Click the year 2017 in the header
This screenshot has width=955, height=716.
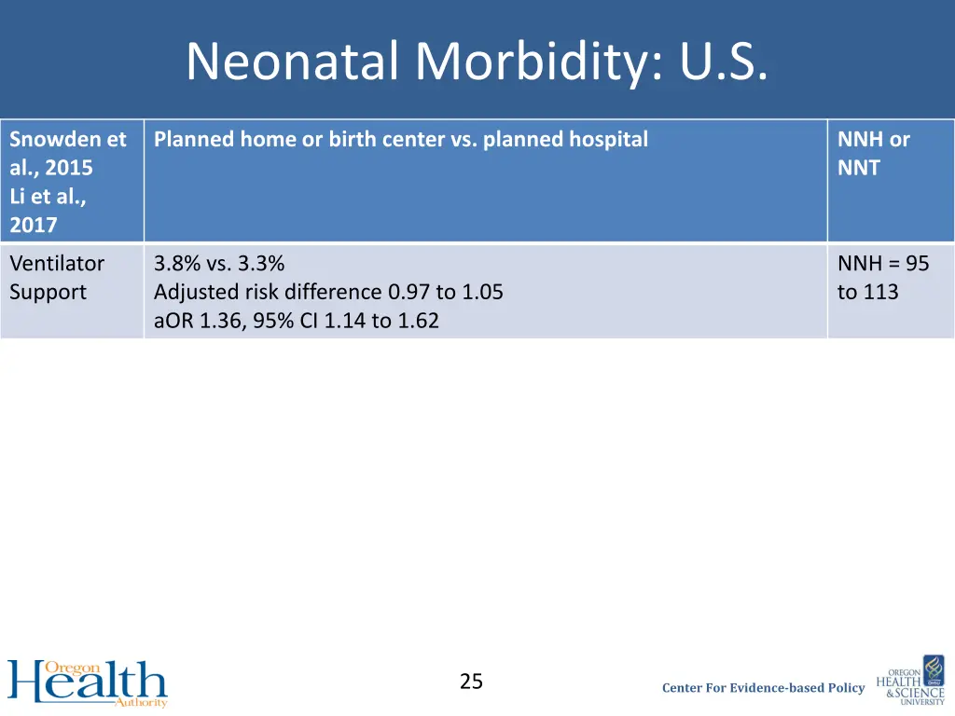click(x=33, y=225)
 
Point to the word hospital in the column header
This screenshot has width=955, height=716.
click(x=610, y=140)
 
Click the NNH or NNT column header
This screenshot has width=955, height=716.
click(x=873, y=154)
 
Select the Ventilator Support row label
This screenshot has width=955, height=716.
click(x=57, y=278)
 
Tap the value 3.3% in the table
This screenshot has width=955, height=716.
click(x=259, y=264)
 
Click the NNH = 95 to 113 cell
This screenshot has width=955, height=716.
click(x=882, y=278)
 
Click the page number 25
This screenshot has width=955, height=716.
click(x=471, y=682)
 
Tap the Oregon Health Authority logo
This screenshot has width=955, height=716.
click(x=88, y=683)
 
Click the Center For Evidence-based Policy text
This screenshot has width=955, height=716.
click(x=763, y=688)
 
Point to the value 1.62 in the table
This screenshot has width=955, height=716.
click(x=418, y=322)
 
